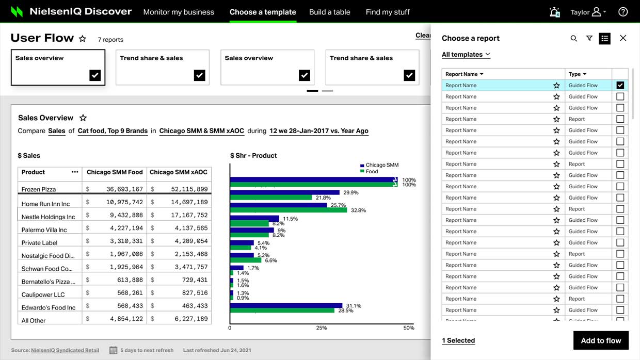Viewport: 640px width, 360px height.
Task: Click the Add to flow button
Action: (x=601, y=340)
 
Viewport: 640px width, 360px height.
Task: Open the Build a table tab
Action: (x=329, y=12)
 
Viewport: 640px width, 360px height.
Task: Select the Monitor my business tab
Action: (x=179, y=12)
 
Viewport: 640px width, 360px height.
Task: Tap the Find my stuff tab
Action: (x=388, y=12)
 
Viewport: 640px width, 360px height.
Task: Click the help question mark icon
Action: (x=623, y=12)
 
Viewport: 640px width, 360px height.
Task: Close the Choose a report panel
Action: (x=623, y=38)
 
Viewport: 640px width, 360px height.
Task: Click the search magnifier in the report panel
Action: (x=573, y=38)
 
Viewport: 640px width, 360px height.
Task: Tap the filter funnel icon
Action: (x=589, y=38)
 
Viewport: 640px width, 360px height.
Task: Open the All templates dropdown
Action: (x=466, y=55)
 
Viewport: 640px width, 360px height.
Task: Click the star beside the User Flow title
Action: (x=83, y=39)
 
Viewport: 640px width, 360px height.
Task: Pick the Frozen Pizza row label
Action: (x=39, y=189)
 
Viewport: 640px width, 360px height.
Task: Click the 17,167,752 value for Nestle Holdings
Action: (x=189, y=215)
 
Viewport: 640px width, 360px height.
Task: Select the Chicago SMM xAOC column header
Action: (x=179, y=172)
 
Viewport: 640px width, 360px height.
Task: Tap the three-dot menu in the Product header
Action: (x=75, y=172)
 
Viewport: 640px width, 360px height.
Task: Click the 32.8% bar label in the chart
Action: (x=358, y=210)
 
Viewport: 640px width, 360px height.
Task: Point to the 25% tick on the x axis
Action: (x=322, y=328)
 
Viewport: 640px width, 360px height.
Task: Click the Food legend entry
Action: (x=369, y=171)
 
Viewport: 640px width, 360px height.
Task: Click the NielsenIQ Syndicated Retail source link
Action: (x=65, y=350)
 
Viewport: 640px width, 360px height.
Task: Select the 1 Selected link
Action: (x=458, y=340)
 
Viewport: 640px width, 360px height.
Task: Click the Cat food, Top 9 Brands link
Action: (x=113, y=131)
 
